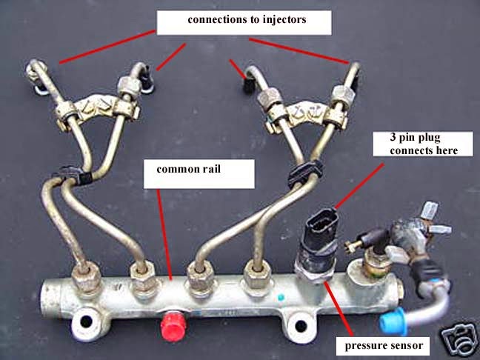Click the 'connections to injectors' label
(242, 21)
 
